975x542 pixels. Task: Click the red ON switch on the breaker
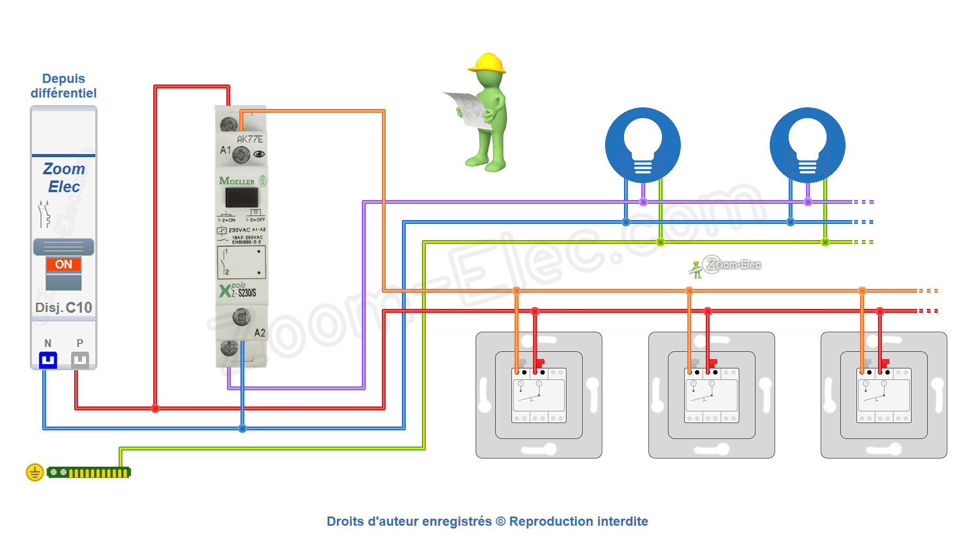click(63, 264)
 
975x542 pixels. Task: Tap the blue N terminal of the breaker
click(48, 360)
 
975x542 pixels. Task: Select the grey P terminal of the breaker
click(80, 360)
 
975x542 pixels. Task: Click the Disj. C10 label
click(63, 308)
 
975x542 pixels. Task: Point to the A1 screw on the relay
click(240, 156)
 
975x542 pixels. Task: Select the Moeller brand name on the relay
click(237, 181)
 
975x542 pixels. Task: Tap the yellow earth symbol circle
click(35, 473)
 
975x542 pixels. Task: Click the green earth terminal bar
click(89, 473)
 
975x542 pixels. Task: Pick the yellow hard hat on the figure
click(487, 63)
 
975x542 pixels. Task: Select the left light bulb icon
click(643, 145)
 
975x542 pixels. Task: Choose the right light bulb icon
click(807, 145)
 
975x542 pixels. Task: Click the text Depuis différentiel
click(63, 86)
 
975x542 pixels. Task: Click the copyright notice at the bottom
click(487, 521)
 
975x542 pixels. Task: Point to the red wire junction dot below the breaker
click(155, 408)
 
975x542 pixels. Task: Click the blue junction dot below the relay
click(242, 429)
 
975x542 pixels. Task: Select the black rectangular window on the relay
click(242, 197)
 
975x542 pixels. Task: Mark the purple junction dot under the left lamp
click(643, 202)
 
